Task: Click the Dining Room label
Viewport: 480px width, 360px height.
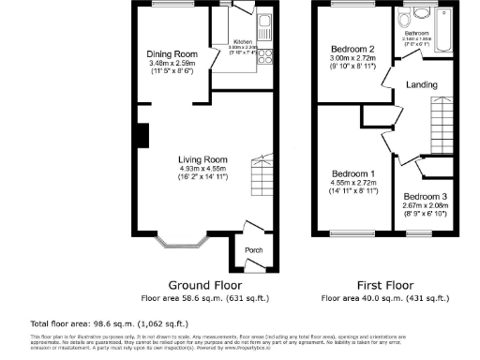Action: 171,53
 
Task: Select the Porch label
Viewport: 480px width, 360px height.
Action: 253,250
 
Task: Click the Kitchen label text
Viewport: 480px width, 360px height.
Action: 242,42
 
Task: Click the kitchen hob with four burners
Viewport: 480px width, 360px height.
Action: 264,58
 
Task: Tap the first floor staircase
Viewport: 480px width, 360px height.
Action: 442,124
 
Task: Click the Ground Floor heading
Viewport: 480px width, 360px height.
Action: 204,284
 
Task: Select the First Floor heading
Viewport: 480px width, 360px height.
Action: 382,284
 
